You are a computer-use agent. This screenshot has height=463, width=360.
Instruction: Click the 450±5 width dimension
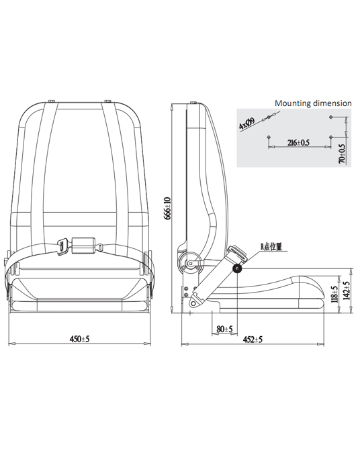(79, 338)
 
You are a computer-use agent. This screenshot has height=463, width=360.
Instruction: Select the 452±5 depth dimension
(253, 340)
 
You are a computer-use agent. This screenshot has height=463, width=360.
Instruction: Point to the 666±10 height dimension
(168, 208)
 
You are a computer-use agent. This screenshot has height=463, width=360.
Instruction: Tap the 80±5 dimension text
(224, 329)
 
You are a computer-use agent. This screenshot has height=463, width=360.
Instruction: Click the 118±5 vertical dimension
(334, 294)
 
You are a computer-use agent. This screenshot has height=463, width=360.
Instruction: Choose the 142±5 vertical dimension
(347, 291)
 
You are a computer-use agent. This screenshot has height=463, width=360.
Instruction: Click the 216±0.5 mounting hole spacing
(298, 143)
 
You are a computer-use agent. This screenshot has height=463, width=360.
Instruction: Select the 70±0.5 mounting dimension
(342, 154)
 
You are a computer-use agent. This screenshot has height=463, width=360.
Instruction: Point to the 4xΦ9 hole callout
(246, 123)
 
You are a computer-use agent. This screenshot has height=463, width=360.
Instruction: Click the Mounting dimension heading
(313, 103)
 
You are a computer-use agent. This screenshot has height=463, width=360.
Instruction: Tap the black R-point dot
(236, 268)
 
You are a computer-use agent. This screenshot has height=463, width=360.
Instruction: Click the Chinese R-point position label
(271, 246)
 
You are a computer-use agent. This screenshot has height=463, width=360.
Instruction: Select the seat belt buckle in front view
(84, 245)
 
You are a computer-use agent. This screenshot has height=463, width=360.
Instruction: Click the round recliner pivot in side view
(191, 262)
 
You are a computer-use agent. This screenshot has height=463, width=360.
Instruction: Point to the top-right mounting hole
(330, 117)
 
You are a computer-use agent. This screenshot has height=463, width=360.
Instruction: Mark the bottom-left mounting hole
(269, 137)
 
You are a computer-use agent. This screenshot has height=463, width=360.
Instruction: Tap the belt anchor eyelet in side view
(193, 303)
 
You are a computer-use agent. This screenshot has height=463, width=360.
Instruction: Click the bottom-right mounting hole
(330, 137)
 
